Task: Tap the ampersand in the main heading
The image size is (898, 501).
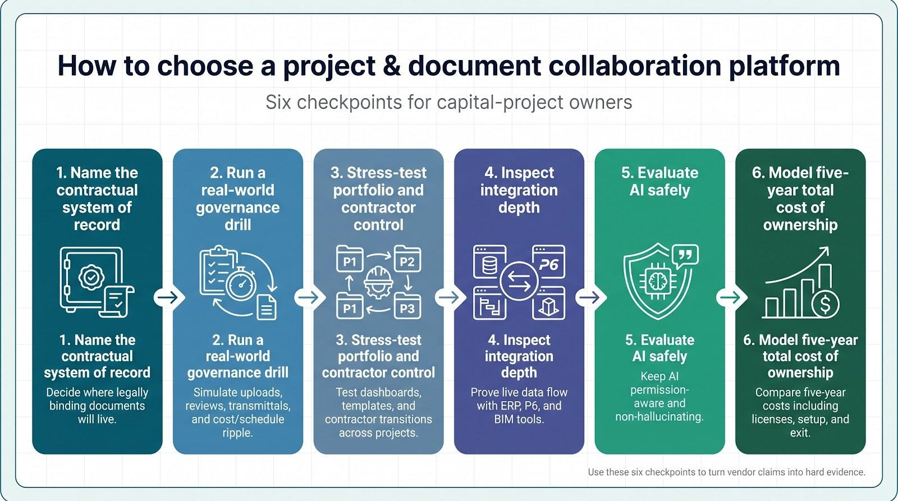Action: (x=391, y=66)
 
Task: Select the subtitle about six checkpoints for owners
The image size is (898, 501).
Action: (x=449, y=102)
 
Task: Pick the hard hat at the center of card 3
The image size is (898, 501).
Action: (x=378, y=282)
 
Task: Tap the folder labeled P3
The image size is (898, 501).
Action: (x=407, y=306)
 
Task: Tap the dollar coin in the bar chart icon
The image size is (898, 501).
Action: (x=825, y=304)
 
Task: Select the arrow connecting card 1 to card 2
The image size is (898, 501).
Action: (x=168, y=297)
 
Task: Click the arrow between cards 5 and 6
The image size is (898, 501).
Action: (x=730, y=297)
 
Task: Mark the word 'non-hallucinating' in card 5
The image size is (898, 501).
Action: (x=659, y=417)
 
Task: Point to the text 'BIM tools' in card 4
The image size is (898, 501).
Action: (x=519, y=419)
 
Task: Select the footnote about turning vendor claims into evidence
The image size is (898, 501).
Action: (x=726, y=472)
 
